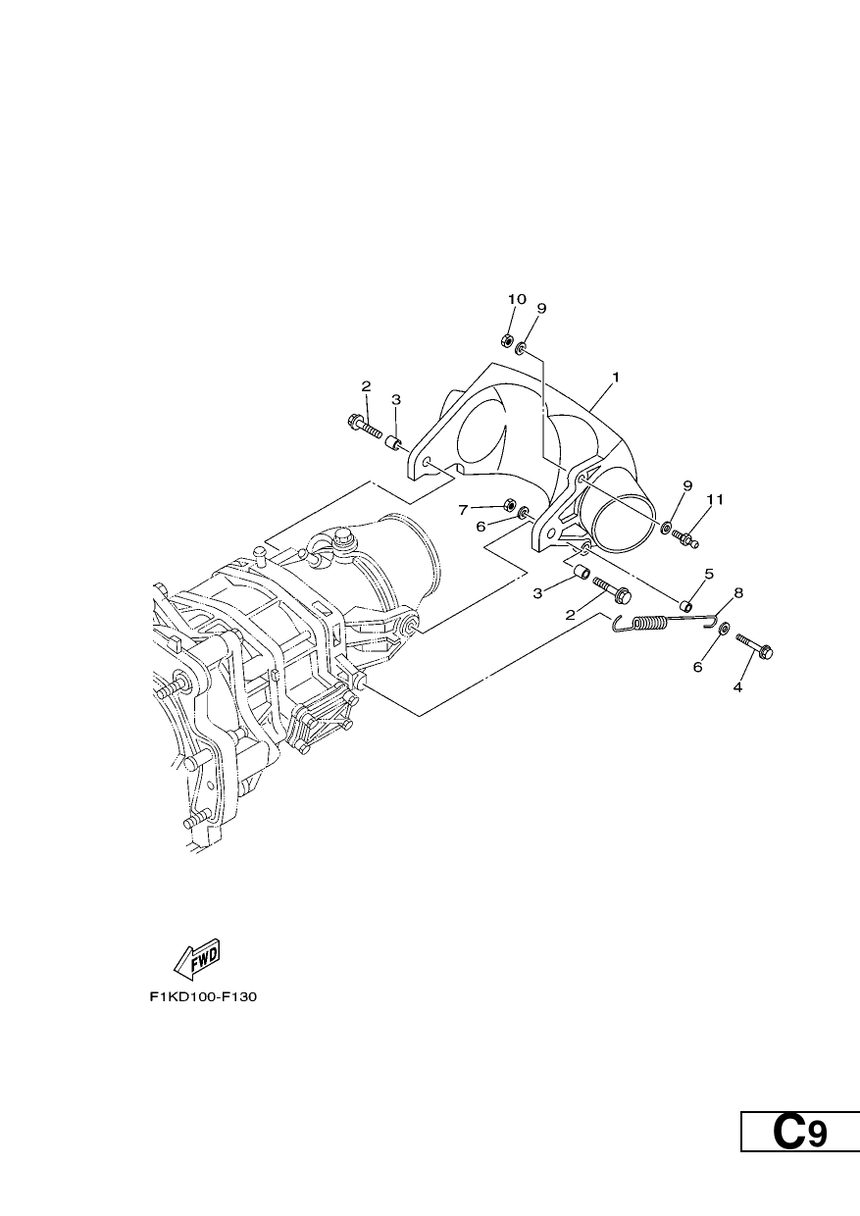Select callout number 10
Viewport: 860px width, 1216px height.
(517, 299)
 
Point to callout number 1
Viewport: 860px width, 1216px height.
(615, 377)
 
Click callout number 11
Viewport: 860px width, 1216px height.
(715, 499)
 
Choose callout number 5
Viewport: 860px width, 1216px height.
(709, 574)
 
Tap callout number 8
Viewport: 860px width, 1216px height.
(738, 592)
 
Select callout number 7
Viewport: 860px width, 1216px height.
(463, 510)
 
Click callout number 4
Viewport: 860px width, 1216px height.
(737, 687)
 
